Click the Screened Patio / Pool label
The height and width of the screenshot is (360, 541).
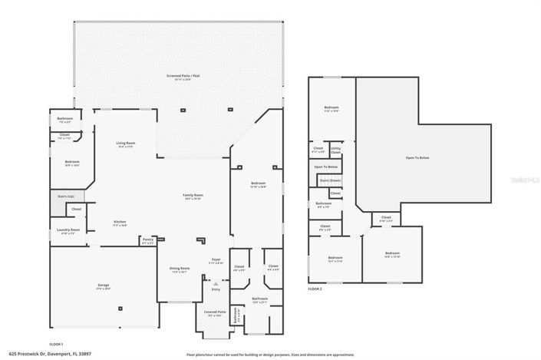point(179,76)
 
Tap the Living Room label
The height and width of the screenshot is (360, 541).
point(126,144)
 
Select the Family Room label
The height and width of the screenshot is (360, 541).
point(192,196)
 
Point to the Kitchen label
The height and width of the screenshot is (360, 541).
point(120,223)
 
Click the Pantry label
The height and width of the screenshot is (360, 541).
point(148,241)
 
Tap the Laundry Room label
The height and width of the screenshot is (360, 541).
point(68,230)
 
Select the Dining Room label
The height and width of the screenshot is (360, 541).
point(180,269)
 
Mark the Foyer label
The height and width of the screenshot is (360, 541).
point(216,260)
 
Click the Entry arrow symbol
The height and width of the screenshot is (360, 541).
point(216,283)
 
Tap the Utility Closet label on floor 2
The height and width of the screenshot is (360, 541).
point(335,150)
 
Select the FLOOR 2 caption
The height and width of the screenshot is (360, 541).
point(315,289)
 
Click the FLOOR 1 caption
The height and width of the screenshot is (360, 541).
point(55,345)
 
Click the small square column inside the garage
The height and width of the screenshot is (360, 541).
point(120,309)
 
